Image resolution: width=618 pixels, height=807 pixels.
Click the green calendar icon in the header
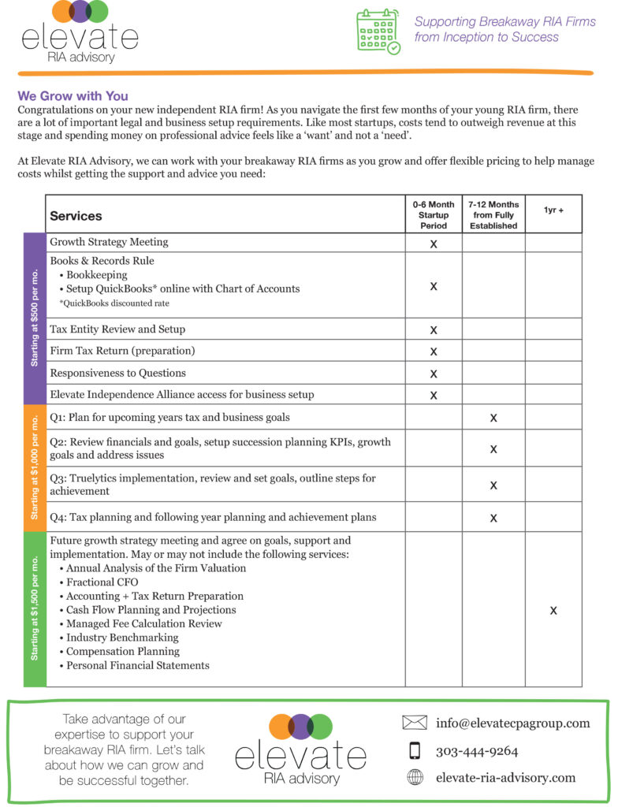point(378,31)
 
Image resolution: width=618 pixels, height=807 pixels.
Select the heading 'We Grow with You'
point(73,96)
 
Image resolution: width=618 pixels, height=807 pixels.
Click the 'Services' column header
point(76,215)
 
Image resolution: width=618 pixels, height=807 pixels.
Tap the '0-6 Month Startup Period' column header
point(434,214)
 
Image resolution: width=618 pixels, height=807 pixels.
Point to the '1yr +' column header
point(553,210)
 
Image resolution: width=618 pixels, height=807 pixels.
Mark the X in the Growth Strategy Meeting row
point(434,244)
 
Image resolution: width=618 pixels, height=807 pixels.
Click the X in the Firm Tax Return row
point(434,351)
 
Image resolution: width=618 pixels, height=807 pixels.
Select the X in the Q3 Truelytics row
point(493,485)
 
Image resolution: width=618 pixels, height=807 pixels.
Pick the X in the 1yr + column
point(553,610)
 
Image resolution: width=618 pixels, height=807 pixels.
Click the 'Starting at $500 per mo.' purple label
point(35,318)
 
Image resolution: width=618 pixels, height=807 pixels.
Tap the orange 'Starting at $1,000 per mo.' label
point(35,468)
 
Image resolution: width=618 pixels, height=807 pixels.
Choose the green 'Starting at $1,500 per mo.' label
point(35,608)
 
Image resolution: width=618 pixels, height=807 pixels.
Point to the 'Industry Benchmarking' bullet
point(122,638)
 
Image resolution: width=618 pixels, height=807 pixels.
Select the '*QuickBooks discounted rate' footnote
point(114,303)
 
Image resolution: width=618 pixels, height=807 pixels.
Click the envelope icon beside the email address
point(414,723)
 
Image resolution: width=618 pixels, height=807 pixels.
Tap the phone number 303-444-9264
point(477,751)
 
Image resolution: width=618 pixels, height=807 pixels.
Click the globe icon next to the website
point(415,778)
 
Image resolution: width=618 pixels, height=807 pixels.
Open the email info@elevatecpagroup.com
point(512,723)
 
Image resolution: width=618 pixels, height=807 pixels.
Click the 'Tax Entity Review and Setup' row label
point(117,329)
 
